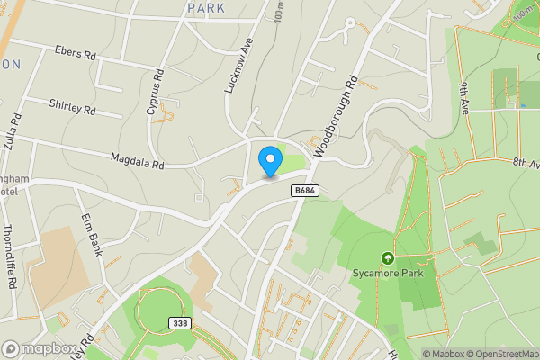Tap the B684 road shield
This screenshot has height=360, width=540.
coord(303,190)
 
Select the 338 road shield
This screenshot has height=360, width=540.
coord(180,322)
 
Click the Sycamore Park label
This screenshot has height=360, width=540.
coord(389,273)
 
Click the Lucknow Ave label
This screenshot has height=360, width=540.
coord(234,67)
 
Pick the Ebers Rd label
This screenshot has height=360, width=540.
coord(75,54)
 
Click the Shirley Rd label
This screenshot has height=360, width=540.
coord(72,108)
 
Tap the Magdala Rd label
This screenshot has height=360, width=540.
coord(137,160)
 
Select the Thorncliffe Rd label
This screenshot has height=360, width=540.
coord(11,256)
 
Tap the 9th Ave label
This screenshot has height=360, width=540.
coord(464,96)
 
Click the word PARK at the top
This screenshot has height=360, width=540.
coord(205,7)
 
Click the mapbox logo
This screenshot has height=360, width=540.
coord(40,348)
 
